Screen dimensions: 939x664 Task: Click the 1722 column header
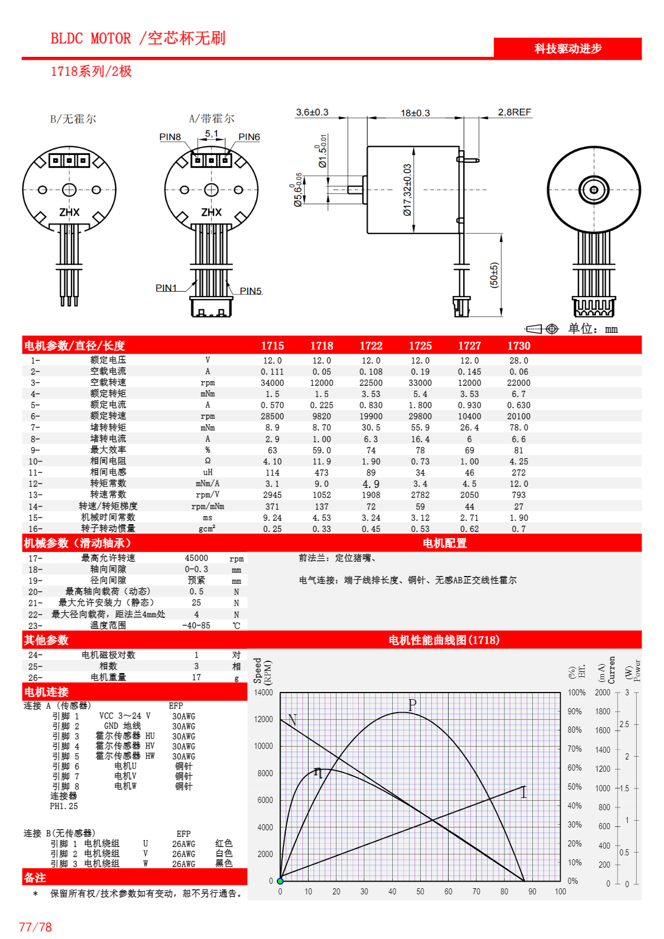click(371, 346)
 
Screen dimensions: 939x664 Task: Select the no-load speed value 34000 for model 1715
click(272, 383)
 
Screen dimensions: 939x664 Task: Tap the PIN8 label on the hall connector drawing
click(170, 137)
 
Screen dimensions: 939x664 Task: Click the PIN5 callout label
click(251, 291)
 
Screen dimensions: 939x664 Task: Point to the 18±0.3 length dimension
click(415, 113)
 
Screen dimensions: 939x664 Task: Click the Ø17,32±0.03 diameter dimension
click(407, 190)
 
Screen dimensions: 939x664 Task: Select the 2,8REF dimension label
click(514, 112)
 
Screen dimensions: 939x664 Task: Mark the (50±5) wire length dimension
click(494, 275)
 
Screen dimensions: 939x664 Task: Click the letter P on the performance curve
click(412, 705)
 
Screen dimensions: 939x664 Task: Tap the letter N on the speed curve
click(292, 720)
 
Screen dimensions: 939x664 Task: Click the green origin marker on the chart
click(280, 881)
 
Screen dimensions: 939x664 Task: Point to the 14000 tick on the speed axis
click(263, 693)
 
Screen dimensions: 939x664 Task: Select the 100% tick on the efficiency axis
click(576, 693)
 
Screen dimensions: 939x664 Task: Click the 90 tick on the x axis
click(532, 892)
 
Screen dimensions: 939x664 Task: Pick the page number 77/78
click(35, 927)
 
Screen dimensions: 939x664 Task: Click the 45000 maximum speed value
click(196, 558)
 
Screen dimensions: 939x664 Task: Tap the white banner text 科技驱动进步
click(568, 49)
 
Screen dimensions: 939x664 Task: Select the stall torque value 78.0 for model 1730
click(518, 428)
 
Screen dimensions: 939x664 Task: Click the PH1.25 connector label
click(64, 806)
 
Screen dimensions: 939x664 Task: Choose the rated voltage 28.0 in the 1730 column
click(518, 361)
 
